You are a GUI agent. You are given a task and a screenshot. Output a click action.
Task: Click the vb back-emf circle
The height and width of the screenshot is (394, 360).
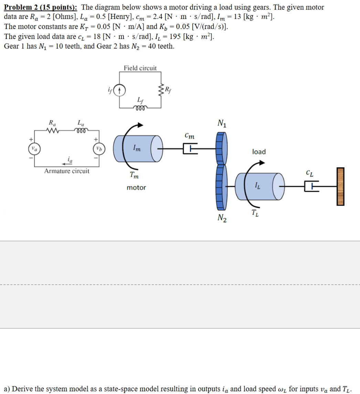(x=98, y=149)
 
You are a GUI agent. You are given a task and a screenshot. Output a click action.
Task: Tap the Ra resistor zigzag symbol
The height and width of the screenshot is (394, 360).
(x=53, y=131)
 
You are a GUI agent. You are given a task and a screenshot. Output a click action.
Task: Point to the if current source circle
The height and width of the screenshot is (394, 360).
(x=119, y=91)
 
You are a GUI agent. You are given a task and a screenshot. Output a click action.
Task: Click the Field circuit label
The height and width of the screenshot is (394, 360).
(x=140, y=68)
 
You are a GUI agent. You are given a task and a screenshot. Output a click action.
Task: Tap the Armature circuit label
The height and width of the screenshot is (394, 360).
(x=67, y=171)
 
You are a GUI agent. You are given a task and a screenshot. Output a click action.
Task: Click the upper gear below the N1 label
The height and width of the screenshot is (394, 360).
(x=220, y=149)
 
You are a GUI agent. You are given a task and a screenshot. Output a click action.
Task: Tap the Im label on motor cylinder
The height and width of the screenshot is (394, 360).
(x=137, y=148)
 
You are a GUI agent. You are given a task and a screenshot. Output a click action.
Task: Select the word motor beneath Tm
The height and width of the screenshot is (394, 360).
(x=136, y=188)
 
